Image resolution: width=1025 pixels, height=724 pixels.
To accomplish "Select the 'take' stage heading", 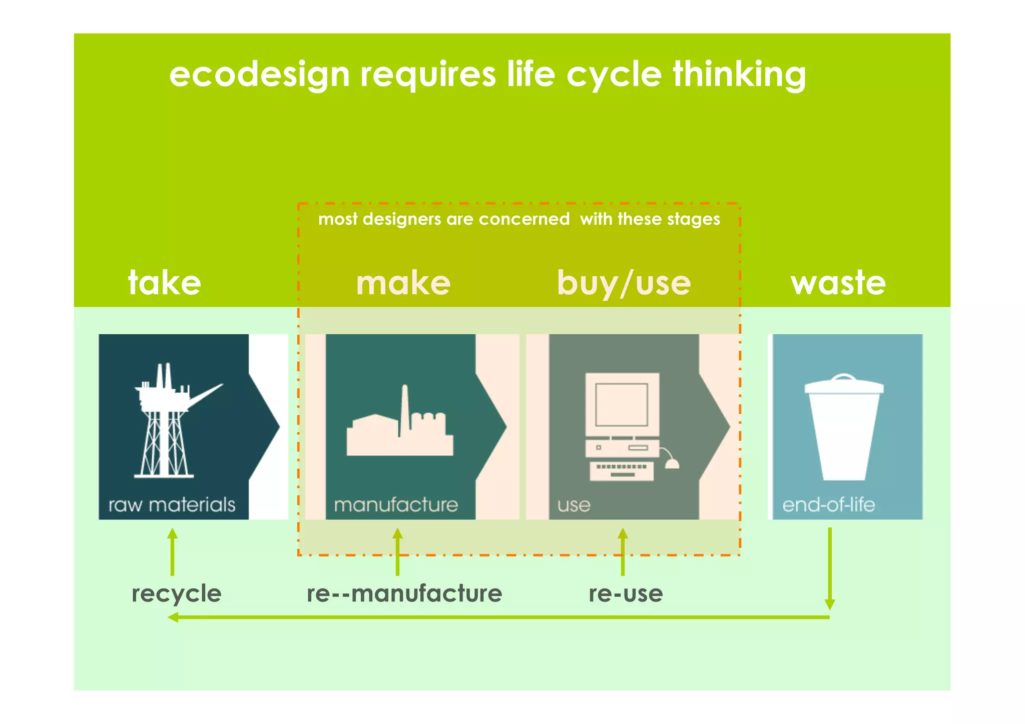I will point(165,283).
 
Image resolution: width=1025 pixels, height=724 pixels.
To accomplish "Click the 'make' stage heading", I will point(403,283).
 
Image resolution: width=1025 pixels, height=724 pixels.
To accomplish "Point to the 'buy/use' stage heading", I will point(624,284).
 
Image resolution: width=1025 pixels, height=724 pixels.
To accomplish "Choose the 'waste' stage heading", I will point(838,283).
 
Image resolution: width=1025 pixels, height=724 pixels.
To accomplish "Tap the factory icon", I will point(400,425).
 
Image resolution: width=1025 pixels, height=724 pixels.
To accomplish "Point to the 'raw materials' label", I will point(172,505).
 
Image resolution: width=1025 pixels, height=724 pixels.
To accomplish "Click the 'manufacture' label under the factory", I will point(396,505).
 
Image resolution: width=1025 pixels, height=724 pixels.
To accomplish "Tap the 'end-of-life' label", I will point(828,505).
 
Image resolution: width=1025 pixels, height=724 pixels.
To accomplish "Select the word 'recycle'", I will point(176,594).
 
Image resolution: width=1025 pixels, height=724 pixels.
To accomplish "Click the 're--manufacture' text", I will point(404,594).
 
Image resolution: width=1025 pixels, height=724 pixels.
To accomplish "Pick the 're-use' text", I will point(626,594).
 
